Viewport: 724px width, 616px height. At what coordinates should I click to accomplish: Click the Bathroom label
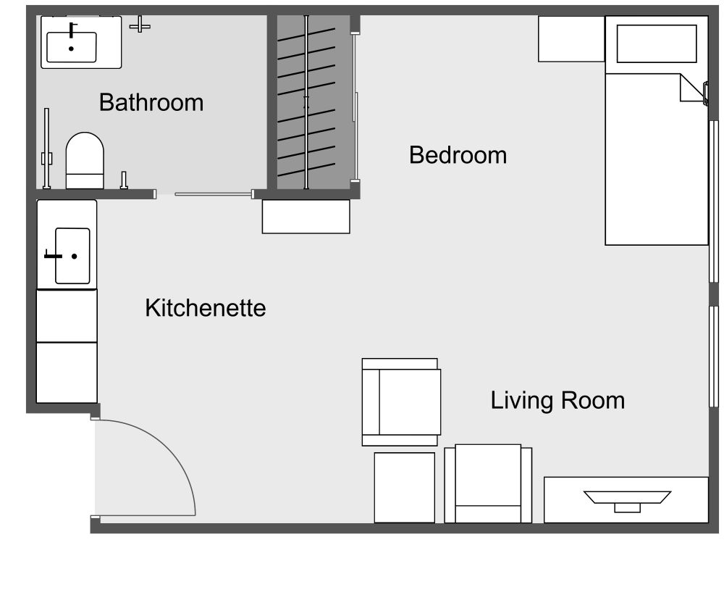151,102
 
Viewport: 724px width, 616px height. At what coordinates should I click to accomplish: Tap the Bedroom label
458,155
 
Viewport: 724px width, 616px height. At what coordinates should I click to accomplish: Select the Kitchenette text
206,308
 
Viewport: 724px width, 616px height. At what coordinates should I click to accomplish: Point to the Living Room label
557,400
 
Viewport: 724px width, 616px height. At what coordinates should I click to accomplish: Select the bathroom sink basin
71,43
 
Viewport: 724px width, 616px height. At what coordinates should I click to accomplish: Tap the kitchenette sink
72,256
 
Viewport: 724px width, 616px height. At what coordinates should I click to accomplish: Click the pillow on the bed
655,44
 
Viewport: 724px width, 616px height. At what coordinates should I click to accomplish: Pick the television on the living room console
628,498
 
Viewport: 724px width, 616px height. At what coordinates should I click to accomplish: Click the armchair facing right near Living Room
401,401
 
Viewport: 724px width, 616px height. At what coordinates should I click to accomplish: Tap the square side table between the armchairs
404,487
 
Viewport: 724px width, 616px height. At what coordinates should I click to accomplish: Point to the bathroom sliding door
213,193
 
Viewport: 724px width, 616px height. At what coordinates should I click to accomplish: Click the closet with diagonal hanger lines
307,101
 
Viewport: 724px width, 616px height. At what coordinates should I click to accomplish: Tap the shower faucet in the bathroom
140,26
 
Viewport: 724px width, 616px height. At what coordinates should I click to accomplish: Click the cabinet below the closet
306,217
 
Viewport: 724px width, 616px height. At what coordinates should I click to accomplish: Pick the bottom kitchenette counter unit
67,372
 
